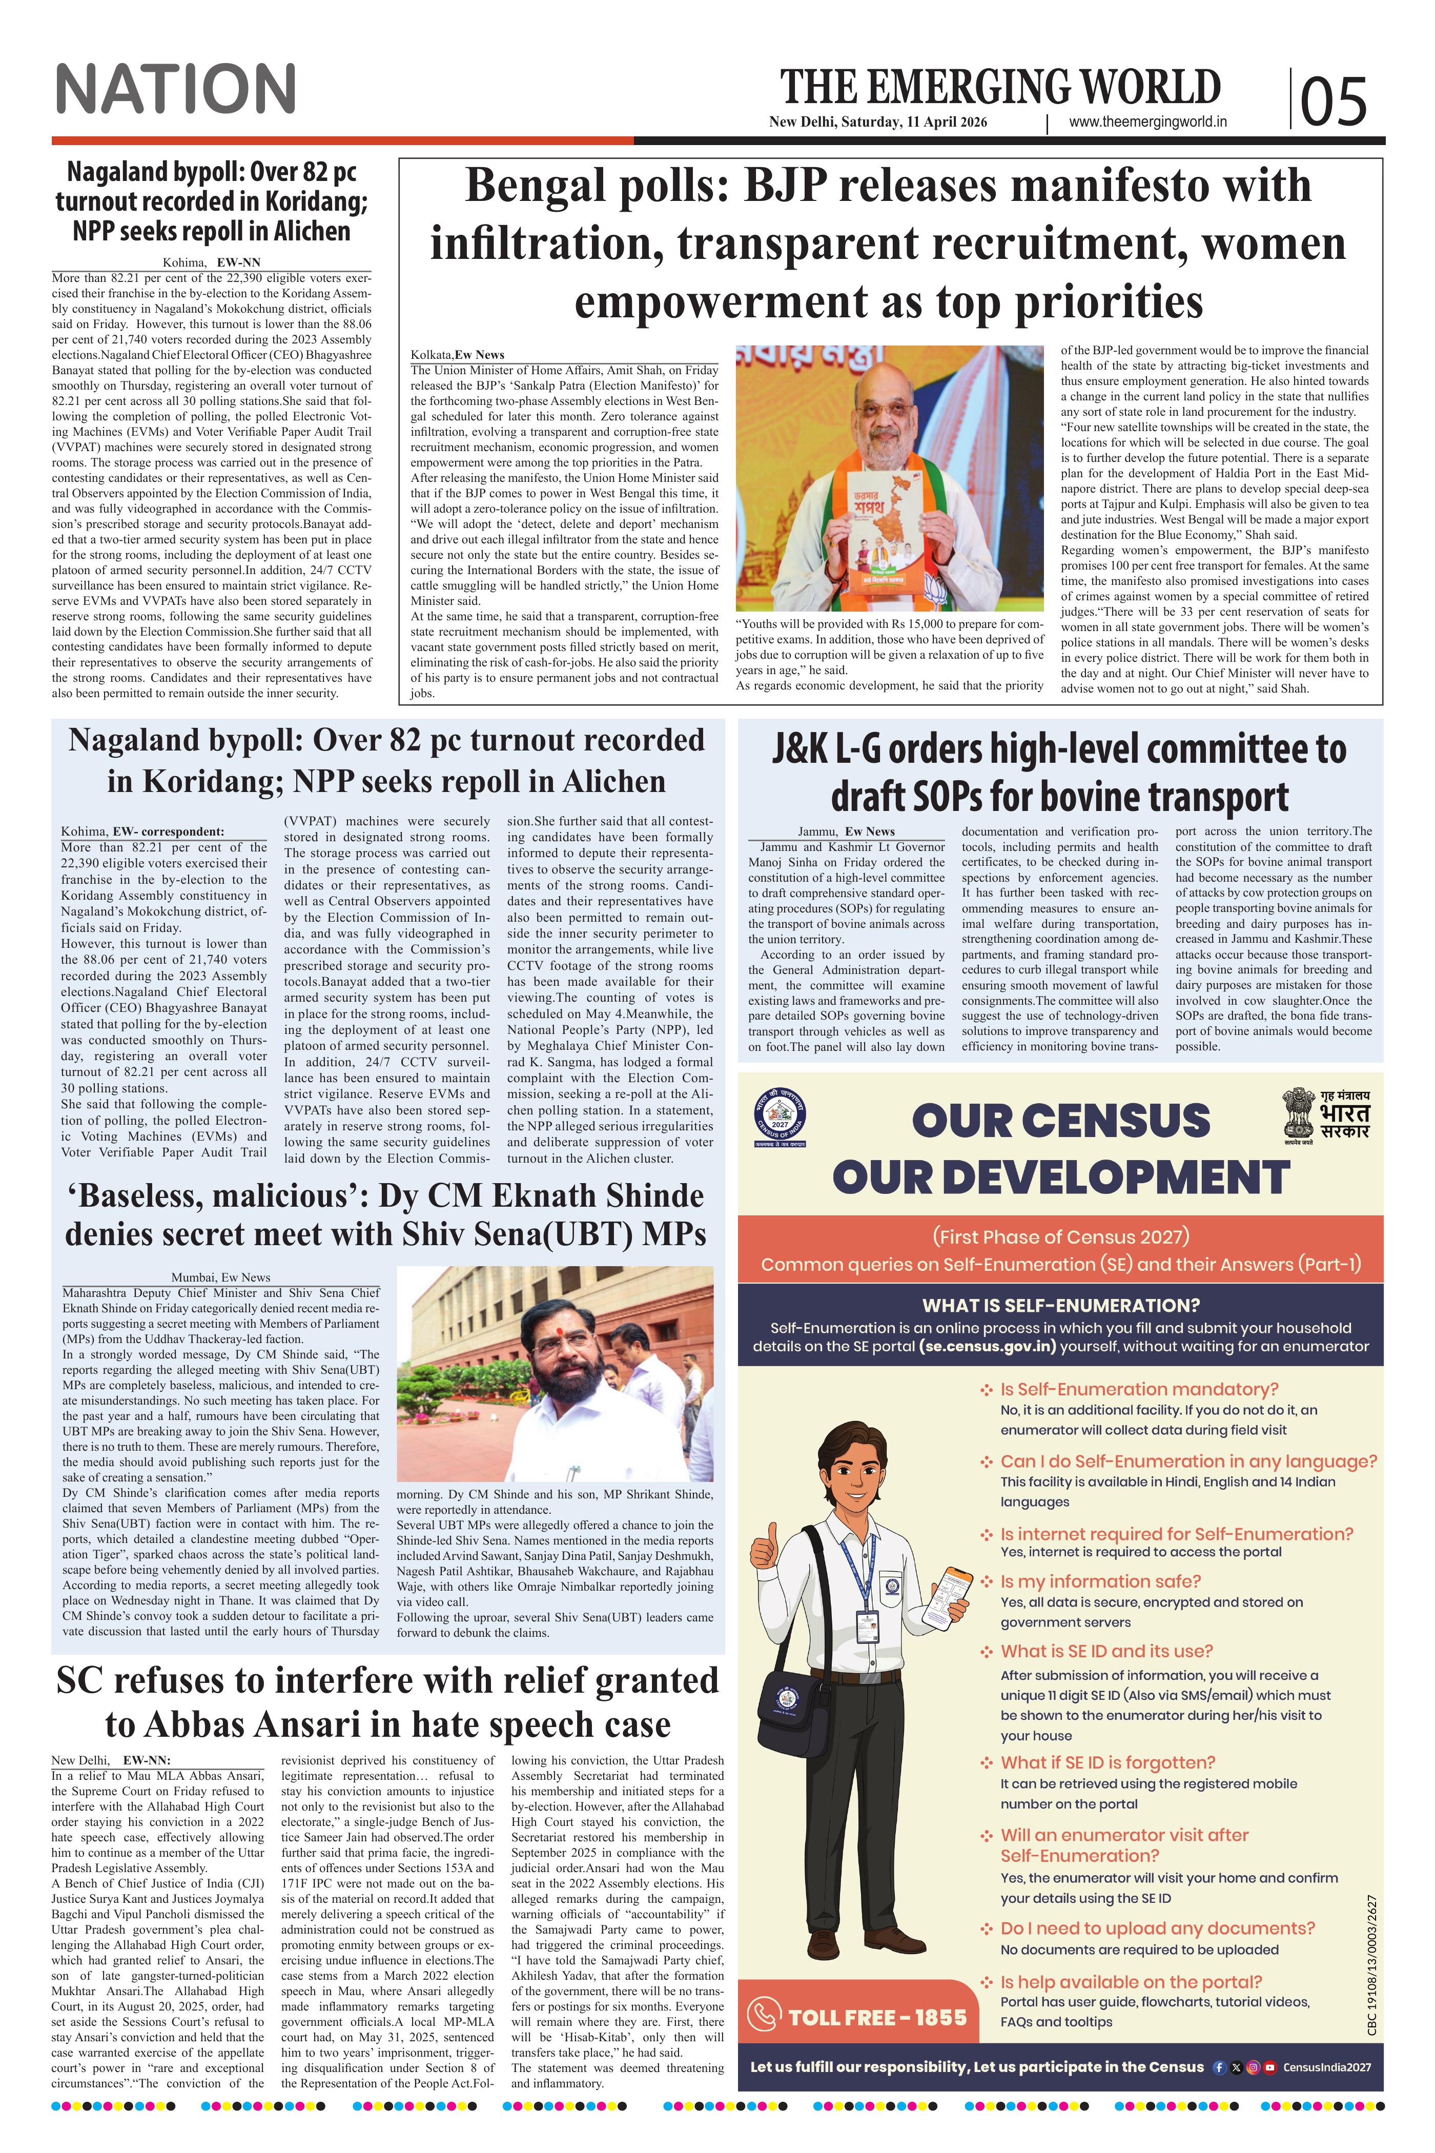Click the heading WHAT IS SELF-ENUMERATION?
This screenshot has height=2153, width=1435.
tap(1061, 1305)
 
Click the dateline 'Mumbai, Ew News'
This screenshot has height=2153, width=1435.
tap(220, 1277)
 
